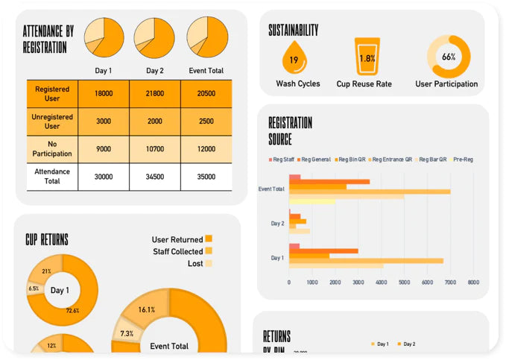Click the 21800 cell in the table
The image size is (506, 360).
(x=154, y=94)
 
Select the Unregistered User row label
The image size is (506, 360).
(x=52, y=121)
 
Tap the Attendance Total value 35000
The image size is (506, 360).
(x=206, y=177)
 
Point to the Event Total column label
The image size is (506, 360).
(x=206, y=71)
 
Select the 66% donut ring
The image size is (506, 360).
(x=448, y=56)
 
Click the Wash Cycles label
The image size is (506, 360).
(x=298, y=83)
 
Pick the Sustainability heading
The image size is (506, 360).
(x=294, y=31)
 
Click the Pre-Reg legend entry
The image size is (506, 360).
(x=461, y=159)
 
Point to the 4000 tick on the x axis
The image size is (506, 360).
(x=381, y=282)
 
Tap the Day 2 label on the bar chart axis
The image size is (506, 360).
(x=277, y=224)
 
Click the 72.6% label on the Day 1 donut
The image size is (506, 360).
(x=73, y=311)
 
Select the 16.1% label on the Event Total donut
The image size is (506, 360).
(x=146, y=310)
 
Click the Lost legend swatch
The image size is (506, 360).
(x=209, y=263)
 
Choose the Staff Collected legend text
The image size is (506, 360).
(x=177, y=251)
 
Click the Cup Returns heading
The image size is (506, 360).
(x=47, y=240)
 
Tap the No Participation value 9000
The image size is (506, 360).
(x=104, y=148)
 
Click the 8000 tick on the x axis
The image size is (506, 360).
(x=473, y=282)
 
